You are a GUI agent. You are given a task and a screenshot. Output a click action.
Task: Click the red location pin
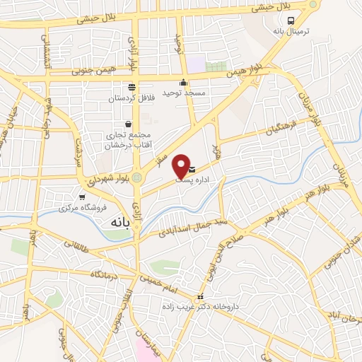tap(181, 165)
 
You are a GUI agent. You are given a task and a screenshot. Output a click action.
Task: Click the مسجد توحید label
tap(182, 93)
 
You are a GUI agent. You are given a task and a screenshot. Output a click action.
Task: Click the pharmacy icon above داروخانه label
tap(200, 297)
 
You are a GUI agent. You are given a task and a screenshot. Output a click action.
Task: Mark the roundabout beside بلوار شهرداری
tap(137, 177)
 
